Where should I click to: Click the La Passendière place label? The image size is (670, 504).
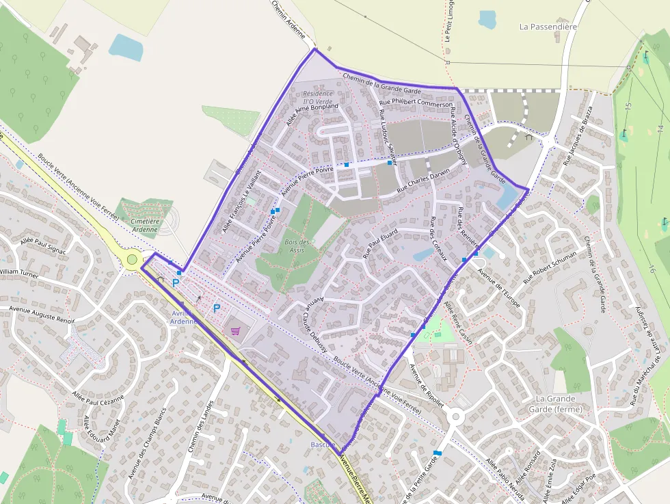click(x=548, y=27)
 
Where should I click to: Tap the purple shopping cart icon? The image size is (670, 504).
click(x=236, y=331)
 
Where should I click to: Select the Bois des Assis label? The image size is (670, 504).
click(x=297, y=246)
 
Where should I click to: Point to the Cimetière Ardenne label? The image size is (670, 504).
click(x=145, y=225)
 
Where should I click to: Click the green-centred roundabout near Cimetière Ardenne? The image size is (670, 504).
click(x=132, y=259)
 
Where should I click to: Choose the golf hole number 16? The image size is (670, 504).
click(x=652, y=268)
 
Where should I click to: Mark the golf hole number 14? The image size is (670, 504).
click(x=660, y=128)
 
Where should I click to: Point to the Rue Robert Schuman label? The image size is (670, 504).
click(x=550, y=267)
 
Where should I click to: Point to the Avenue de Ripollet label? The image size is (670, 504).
click(x=426, y=384)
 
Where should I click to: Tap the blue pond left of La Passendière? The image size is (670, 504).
click(x=488, y=19)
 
